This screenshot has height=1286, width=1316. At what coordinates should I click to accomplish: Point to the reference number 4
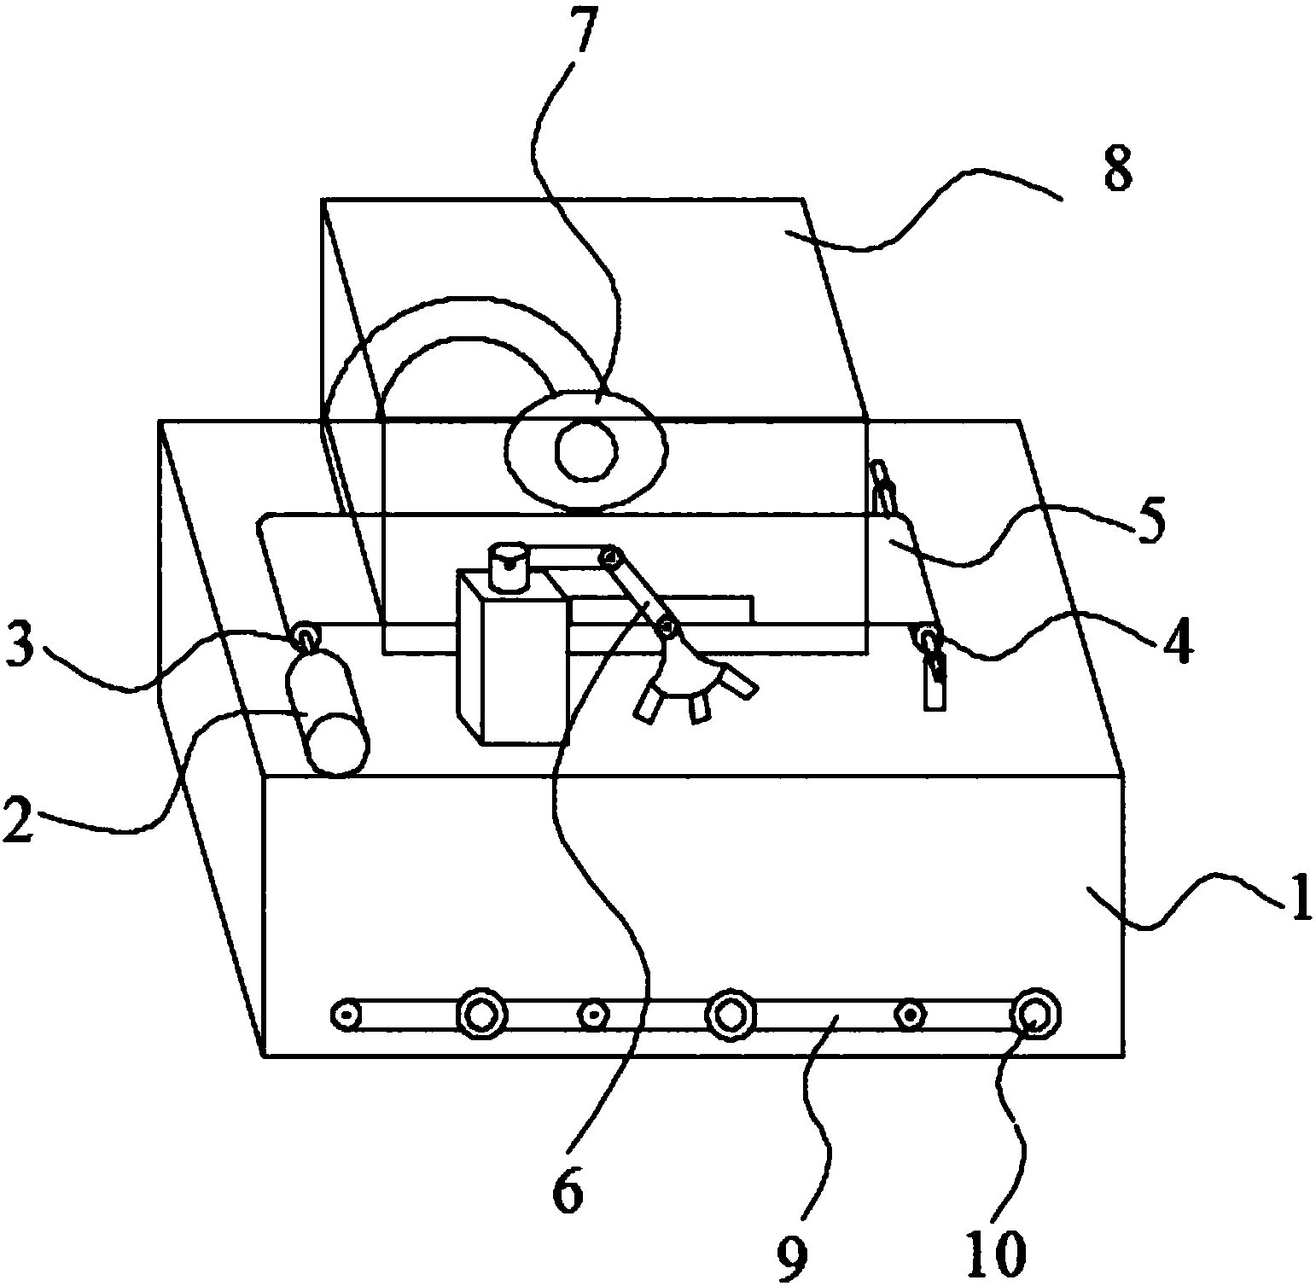(1178, 646)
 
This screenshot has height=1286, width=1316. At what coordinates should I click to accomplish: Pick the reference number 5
(1148, 525)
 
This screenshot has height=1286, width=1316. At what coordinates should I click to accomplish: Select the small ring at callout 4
(928, 636)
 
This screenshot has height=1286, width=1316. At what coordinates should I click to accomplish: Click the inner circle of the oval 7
(586, 451)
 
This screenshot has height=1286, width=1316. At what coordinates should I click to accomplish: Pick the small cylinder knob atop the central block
(510, 566)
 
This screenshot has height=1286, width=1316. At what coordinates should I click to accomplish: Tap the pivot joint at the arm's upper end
(610, 559)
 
